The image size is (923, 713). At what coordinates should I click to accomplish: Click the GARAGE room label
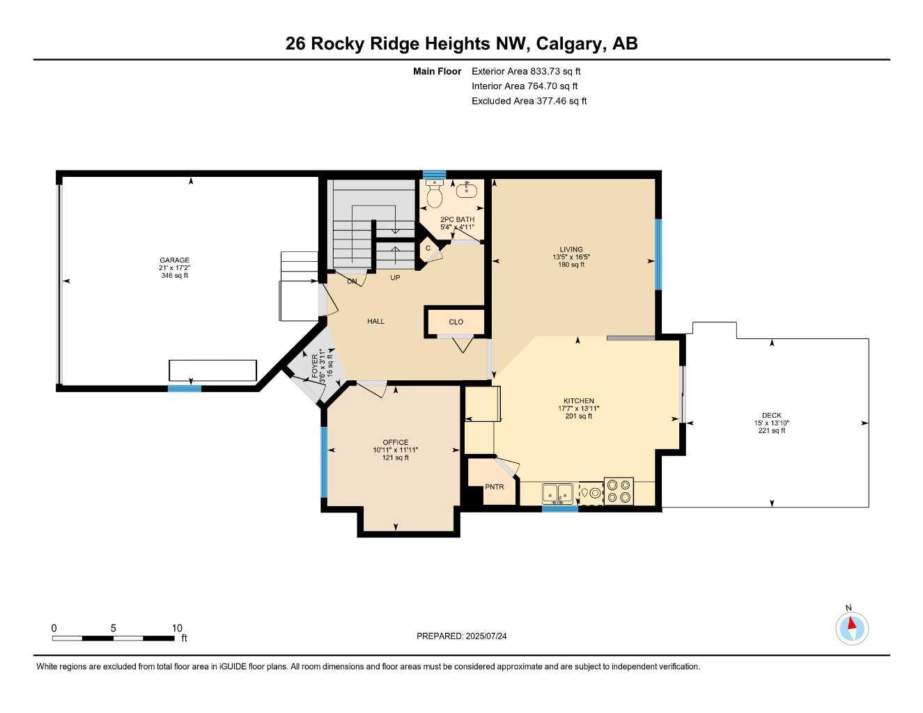click(x=174, y=260)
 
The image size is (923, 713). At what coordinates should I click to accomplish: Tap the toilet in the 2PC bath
click(x=434, y=195)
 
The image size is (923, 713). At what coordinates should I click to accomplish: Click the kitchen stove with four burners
click(x=619, y=491)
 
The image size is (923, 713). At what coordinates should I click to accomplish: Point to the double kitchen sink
click(x=557, y=493)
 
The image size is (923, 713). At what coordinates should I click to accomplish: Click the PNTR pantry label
click(x=494, y=487)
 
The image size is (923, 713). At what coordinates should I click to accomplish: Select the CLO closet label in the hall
click(x=456, y=322)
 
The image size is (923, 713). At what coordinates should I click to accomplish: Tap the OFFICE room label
click(x=395, y=442)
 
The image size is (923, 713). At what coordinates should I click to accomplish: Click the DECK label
click(x=771, y=415)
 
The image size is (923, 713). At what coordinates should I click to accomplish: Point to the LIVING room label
click(x=571, y=249)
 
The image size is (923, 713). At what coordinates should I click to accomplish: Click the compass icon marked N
click(x=851, y=627)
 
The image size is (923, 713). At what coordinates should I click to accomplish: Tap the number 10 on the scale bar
click(x=177, y=628)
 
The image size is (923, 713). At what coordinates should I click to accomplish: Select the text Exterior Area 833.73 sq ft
click(x=526, y=71)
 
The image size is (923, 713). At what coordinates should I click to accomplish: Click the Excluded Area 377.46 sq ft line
click(x=529, y=101)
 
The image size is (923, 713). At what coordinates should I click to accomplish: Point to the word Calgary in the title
click(x=570, y=44)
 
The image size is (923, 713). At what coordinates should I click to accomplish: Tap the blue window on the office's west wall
click(x=324, y=462)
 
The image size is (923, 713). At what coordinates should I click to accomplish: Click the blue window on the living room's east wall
click(x=658, y=253)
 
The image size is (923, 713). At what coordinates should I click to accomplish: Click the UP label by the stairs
click(x=395, y=277)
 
